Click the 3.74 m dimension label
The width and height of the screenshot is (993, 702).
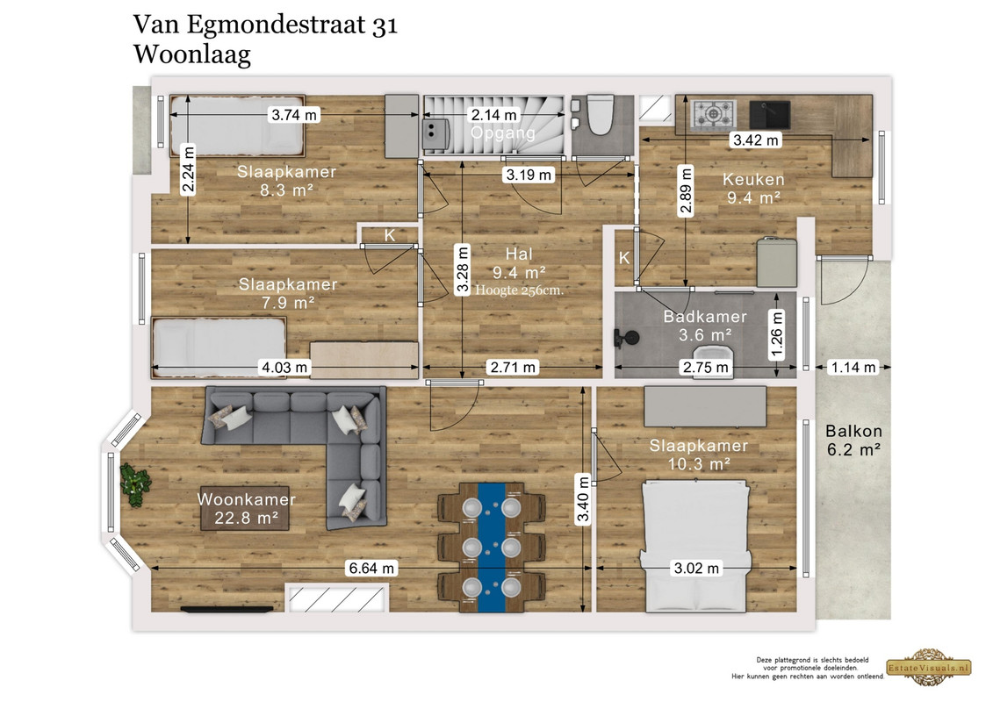tap(294, 115)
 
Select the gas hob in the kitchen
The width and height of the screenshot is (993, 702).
tap(713, 115)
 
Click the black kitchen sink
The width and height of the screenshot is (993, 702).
tap(769, 115)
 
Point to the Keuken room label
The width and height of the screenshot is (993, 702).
tap(753, 179)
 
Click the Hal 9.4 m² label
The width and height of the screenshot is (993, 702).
tap(519, 263)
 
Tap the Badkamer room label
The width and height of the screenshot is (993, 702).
tap(705, 317)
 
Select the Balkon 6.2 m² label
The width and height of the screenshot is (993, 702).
tap(853, 441)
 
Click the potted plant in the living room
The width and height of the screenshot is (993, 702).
tap(135, 484)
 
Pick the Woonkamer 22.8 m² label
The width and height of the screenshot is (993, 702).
tap(247, 508)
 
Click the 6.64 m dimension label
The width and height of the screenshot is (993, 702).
tap(371, 569)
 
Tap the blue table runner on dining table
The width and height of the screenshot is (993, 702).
tap(492, 548)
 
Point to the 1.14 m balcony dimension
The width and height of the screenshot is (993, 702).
tap(853, 367)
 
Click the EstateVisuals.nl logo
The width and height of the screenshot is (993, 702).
tap(929, 667)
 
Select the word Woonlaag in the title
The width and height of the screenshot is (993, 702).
tap(192, 54)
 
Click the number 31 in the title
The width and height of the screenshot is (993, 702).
tap(385, 25)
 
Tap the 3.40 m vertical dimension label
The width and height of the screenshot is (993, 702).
tap(583, 499)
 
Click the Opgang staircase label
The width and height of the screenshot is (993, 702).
tap(503, 133)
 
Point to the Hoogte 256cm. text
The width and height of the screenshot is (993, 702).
tap(519, 290)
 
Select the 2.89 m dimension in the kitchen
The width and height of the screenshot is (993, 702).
tap(685, 191)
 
